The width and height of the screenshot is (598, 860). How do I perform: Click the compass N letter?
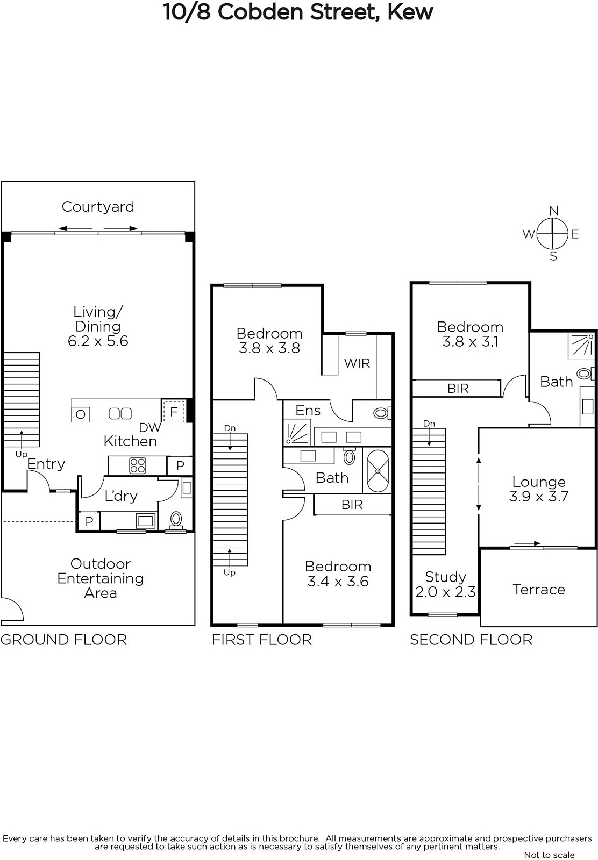(553, 211)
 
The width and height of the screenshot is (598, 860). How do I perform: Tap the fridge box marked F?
(174, 412)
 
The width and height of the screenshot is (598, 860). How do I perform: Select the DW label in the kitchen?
(150, 428)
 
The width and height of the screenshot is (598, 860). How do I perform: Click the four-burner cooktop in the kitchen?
(138, 465)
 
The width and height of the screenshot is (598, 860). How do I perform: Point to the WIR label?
(357, 363)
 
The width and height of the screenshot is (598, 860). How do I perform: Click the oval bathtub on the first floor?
(378, 471)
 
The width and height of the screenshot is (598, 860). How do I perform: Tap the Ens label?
(308, 411)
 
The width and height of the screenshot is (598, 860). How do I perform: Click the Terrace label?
(539, 589)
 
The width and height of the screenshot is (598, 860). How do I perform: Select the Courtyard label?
(98, 207)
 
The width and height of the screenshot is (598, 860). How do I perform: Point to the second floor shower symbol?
(581, 345)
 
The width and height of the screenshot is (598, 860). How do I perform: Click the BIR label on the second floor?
(458, 389)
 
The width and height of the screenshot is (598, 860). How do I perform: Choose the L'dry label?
(121, 496)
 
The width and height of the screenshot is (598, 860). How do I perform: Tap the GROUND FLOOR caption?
(64, 640)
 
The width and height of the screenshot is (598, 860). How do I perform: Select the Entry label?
(46, 464)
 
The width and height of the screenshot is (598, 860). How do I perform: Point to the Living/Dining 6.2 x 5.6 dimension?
(98, 341)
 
